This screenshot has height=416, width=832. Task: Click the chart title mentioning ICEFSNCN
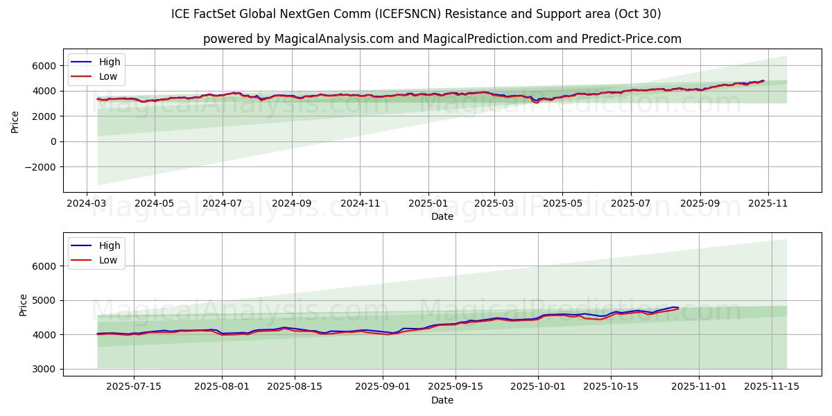point(416,14)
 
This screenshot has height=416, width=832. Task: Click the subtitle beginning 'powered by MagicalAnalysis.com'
point(442,39)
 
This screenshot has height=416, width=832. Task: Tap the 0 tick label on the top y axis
point(53,141)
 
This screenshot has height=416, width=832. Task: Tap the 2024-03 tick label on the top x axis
point(87,204)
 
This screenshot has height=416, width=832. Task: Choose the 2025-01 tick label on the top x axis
point(428,204)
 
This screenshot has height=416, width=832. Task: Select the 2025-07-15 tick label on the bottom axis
point(133,387)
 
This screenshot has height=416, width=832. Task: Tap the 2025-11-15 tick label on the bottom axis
point(772,387)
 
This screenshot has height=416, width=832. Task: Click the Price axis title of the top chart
point(15,121)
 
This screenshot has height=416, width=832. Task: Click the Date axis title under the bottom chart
point(442,400)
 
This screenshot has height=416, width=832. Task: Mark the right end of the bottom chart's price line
point(678,308)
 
